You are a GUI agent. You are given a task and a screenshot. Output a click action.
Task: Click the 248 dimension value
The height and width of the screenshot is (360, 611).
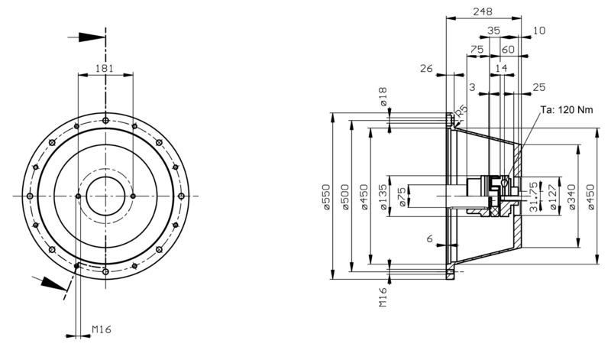[483, 11]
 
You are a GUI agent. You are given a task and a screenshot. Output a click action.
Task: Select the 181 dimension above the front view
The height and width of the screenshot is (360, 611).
[105, 68]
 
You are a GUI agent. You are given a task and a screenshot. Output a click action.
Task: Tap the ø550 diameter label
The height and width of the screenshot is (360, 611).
[327, 196]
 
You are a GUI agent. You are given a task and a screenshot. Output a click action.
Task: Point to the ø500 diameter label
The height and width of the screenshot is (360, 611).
[346, 196]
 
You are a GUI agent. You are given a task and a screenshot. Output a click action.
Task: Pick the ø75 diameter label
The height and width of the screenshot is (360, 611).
[402, 196]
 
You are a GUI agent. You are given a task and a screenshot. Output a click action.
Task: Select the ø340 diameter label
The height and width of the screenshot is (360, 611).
[572, 197]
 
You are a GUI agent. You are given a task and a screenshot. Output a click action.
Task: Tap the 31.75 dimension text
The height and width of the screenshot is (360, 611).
[534, 197]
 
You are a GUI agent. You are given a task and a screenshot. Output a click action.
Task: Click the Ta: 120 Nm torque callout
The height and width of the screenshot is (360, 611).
[567, 109]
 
